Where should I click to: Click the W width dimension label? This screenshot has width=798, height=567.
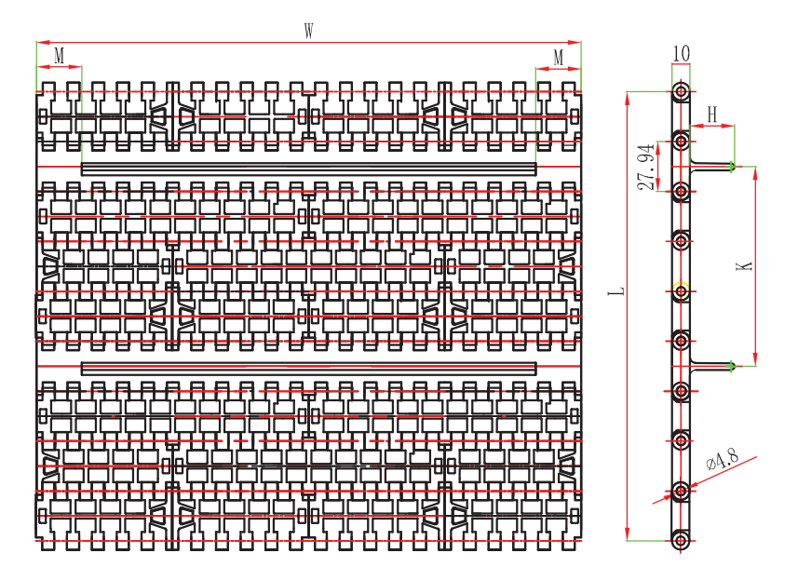(x=308, y=30)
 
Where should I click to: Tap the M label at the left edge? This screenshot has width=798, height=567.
(x=59, y=56)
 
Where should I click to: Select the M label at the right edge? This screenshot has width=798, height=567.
(x=559, y=57)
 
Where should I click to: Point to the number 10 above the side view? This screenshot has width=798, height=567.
(x=681, y=53)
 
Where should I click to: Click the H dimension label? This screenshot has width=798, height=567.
(x=712, y=114)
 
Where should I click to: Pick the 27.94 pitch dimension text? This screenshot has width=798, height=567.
(x=644, y=167)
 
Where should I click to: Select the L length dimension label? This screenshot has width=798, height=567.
(x=615, y=292)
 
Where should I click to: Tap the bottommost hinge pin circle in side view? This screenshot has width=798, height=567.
(x=682, y=539)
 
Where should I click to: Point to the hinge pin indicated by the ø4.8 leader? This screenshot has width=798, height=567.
(x=682, y=490)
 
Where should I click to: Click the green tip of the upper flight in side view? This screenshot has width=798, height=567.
(x=734, y=168)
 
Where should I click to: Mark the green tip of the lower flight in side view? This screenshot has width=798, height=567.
(x=734, y=365)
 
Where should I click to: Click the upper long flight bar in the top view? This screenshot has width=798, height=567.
(x=309, y=168)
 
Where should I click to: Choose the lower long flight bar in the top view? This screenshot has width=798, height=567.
(x=309, y=367)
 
